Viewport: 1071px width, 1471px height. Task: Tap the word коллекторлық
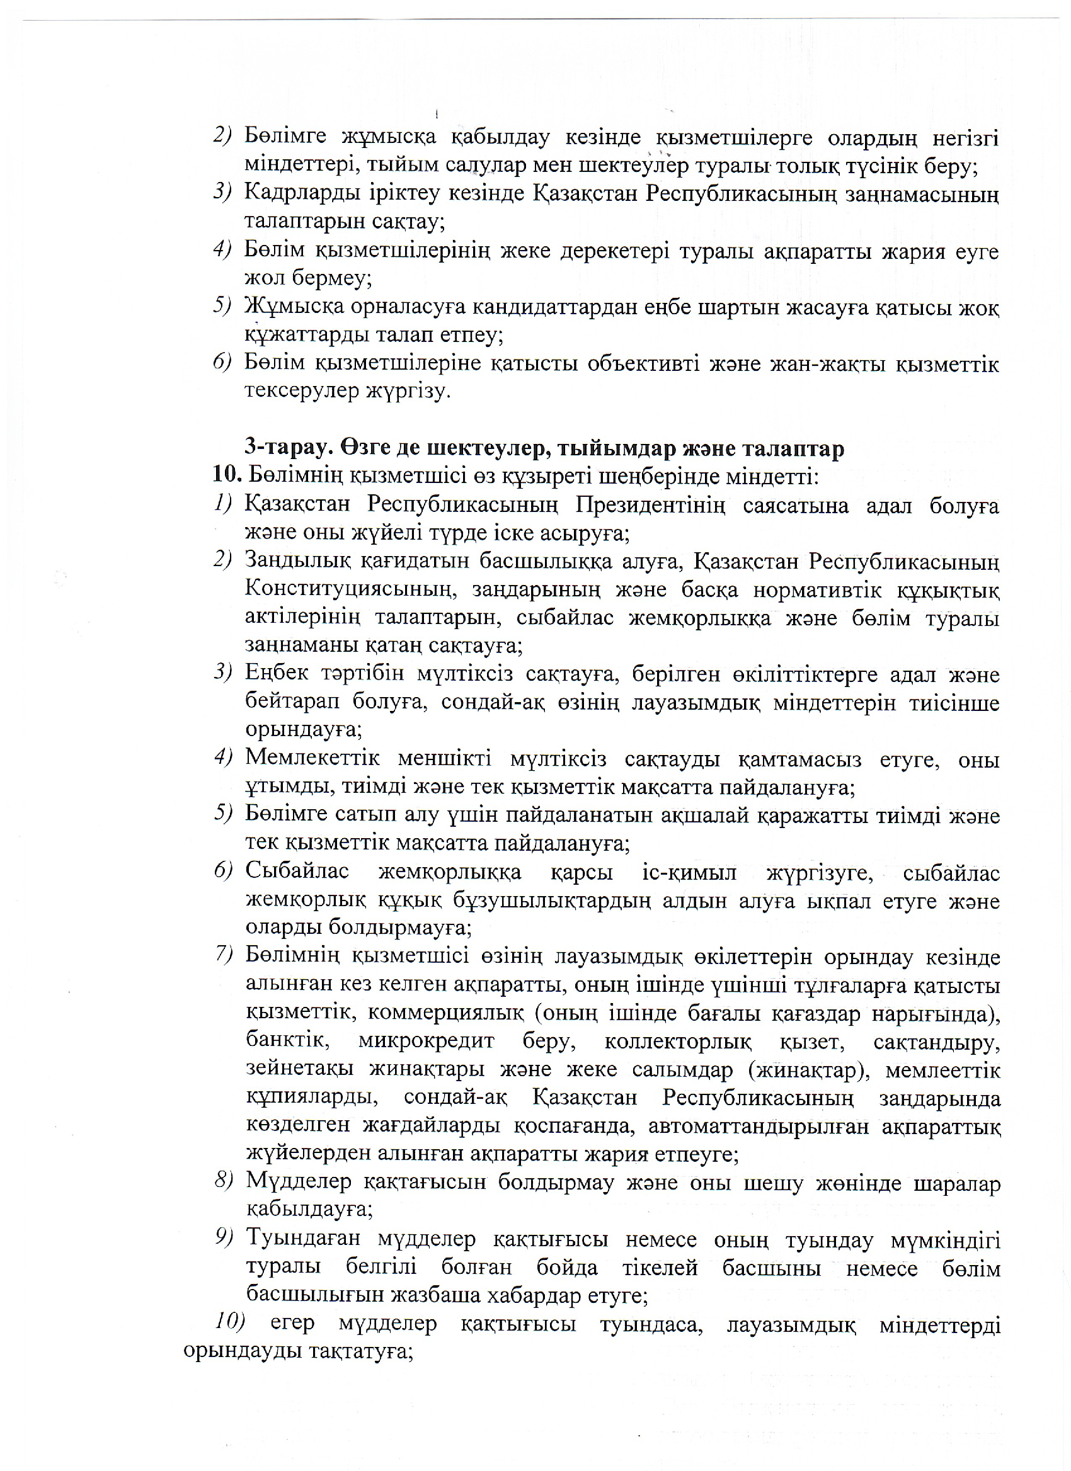tap(677, 1041)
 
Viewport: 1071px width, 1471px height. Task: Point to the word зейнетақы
tap(299, 1069)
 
